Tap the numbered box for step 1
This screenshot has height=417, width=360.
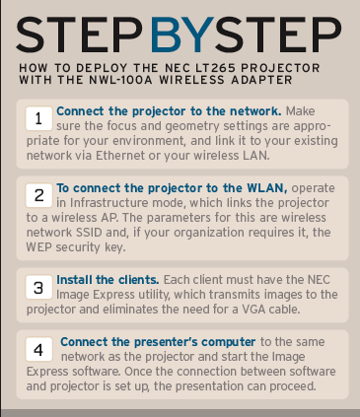click(x=38, y=118)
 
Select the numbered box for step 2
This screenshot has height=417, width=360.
click(x=38, y=195)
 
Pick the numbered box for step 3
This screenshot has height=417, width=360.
click(x=38, y=287)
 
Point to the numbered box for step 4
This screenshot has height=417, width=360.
click(x=38, y=349)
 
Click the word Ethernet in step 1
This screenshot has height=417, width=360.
click(x=120, y=155)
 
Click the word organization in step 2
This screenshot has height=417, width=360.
click(x=209, y=233)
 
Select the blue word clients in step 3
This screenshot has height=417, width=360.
click(x=138, y=280)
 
